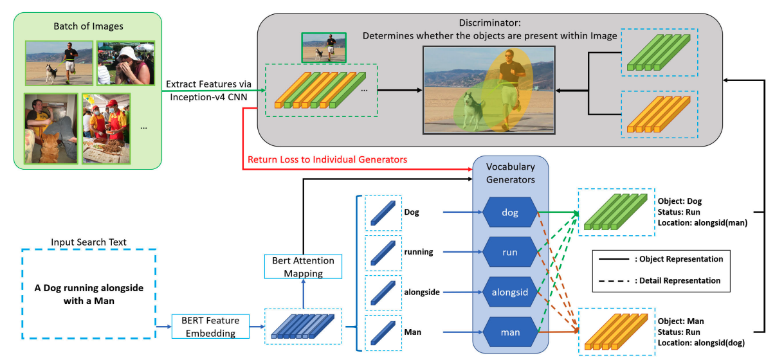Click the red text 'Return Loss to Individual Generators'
[327, 159]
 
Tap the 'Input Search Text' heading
[89, 242]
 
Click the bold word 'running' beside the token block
[418, 251]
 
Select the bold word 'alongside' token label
[422, 292]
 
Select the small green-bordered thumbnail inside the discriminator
[324, 47]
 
